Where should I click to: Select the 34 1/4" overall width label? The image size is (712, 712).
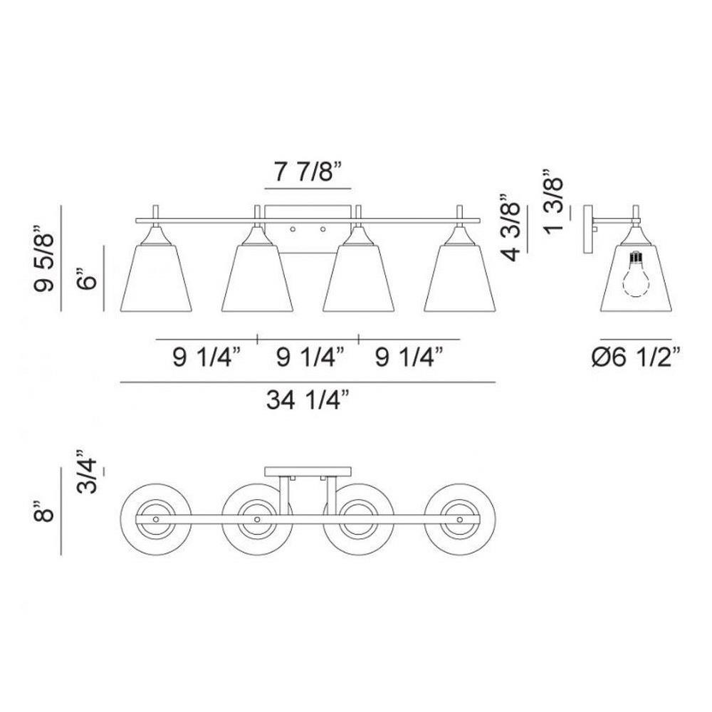[x=308, y=400]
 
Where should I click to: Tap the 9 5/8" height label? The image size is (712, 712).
[x=44, y=258]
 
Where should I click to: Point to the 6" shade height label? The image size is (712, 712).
[x=87, y=278]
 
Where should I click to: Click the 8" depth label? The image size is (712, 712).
[x=44, y=511]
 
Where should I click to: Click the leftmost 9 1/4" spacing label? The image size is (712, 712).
[x=206, y=357]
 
